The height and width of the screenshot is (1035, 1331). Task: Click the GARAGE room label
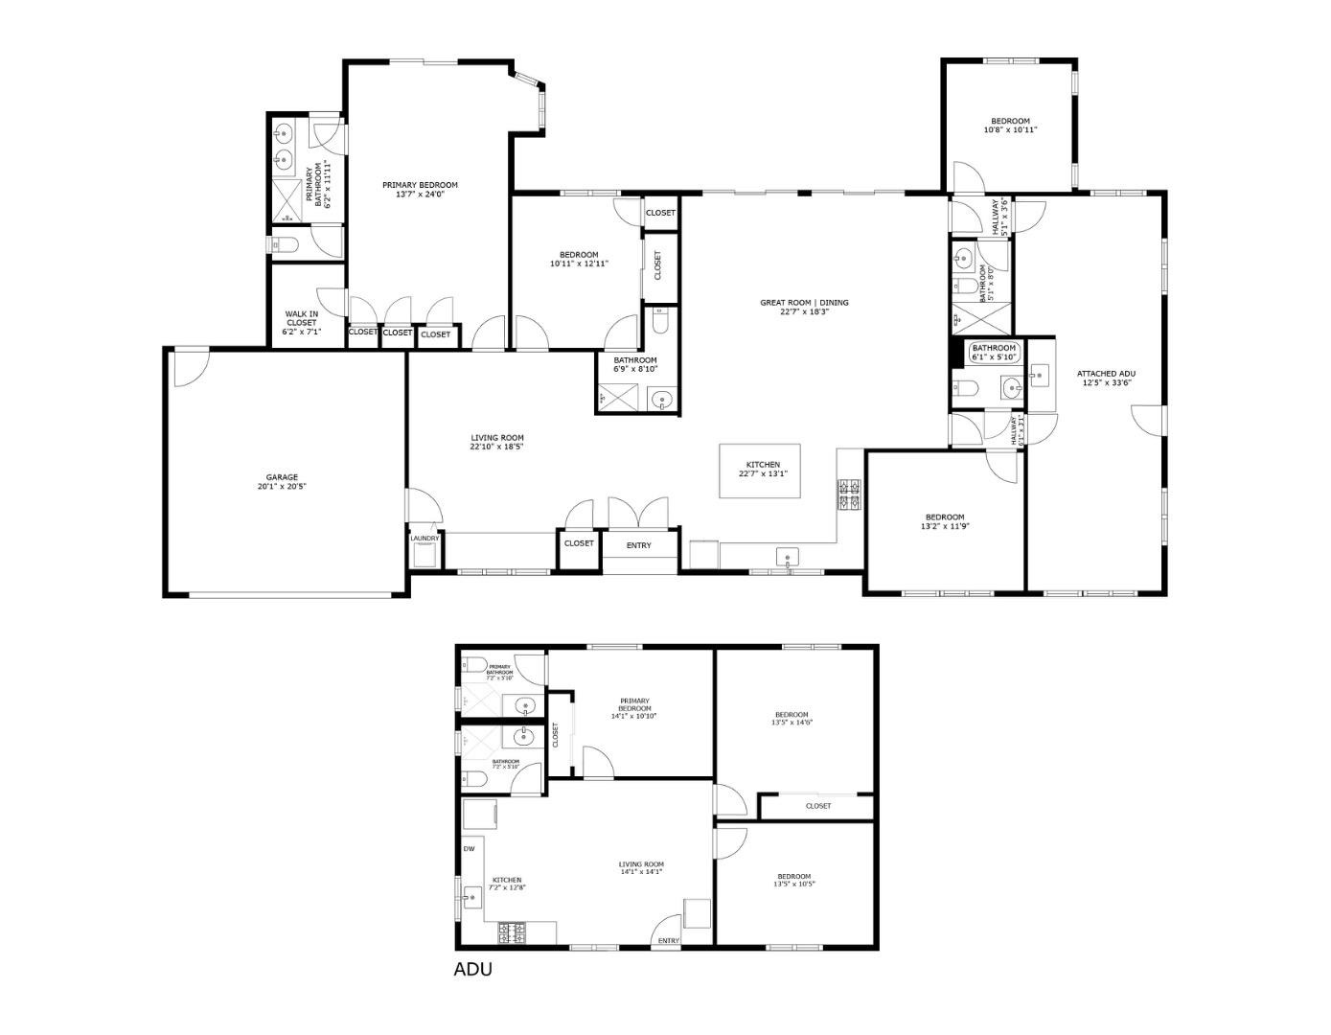(x=282, y=477)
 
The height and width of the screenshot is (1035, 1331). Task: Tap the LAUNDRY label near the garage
(x=425, y=539)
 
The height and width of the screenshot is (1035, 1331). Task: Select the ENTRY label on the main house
(x=639, y=545)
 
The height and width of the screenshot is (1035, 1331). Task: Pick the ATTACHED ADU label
(x=1106, y=374)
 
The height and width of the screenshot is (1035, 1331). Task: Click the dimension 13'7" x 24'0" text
(x=420, y=195)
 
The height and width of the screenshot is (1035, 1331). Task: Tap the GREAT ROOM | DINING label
(x=804, y=303)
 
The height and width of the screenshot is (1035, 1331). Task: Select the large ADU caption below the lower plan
(x=472, y=969)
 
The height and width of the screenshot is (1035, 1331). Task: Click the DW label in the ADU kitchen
(x=470, y=849)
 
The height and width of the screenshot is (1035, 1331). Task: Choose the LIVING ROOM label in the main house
(x=496, y=438)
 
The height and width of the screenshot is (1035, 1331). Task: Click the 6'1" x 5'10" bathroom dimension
(x=994, y=357)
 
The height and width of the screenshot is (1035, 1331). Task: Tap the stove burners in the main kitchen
(x=850, y=494)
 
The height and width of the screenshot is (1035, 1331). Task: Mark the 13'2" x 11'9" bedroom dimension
(x=945, y=526)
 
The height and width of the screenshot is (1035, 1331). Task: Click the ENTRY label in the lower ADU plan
(x=669, y=941)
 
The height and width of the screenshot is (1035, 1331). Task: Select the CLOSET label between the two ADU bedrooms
(x=818, y=806)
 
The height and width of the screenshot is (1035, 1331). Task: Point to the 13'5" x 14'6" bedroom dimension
(x=792, y=724)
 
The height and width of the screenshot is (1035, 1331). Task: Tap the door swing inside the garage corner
(x=189, y=369)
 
